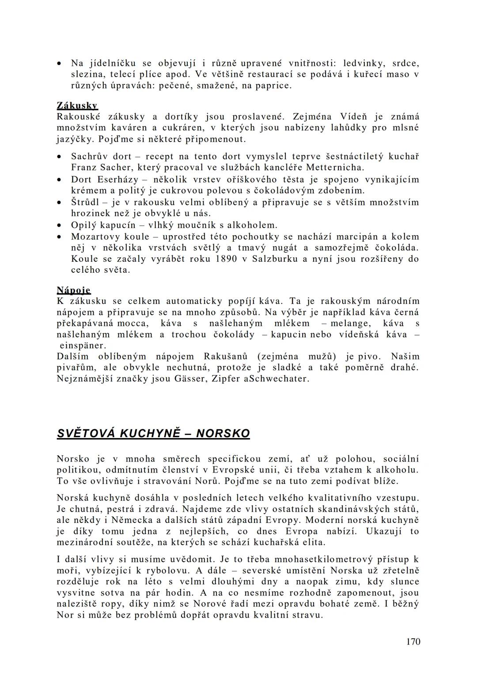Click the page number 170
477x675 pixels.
pos(413,641)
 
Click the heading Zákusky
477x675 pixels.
pos(77,105)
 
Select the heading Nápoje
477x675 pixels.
pos(73,290)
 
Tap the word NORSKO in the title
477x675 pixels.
pos(223,433)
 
